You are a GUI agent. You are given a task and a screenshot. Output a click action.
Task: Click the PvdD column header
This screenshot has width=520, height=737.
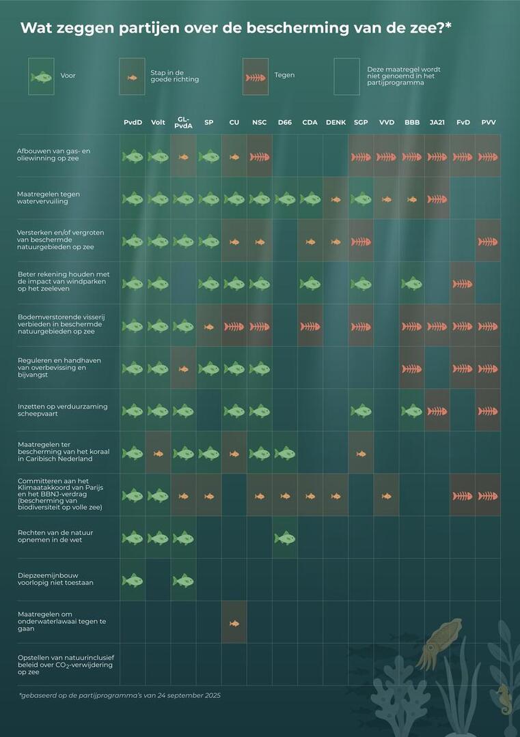(x=133, y=122)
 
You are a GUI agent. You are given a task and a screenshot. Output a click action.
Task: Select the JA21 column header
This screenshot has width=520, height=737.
(x=437, y=122)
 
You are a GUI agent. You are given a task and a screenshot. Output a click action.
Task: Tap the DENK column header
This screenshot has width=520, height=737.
(x=336, y=122)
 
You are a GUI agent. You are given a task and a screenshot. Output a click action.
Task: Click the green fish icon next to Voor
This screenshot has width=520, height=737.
(x=41, y=76)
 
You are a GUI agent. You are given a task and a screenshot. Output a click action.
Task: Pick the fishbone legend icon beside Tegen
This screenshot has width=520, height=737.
(x=256, y=76)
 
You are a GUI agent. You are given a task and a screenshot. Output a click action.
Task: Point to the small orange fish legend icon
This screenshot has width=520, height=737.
(x=132, y=76)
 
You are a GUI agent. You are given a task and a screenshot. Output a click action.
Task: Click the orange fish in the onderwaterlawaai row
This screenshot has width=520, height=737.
(x=234, y=622)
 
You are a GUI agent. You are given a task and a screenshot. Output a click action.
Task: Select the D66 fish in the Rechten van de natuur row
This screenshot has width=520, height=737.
(x=285, y=538)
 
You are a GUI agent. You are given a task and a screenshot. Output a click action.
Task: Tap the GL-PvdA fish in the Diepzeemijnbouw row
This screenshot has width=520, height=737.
(x=183, y=580)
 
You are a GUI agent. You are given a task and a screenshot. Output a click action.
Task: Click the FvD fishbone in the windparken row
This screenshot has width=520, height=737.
(x=462, y=283)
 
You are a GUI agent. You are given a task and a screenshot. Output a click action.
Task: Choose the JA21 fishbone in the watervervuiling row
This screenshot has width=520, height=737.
(x=437, y=199)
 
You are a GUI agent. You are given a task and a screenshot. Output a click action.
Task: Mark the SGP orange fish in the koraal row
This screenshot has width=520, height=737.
(x=361, y=453)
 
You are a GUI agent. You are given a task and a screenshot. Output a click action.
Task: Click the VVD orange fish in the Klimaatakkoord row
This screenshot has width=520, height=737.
(x=386, y=495)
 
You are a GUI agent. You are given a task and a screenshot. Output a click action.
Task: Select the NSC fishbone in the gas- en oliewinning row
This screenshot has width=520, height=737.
(x=260, y=156)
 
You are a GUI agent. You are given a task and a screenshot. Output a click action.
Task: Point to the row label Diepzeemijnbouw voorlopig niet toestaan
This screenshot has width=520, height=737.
(x=55, y=580)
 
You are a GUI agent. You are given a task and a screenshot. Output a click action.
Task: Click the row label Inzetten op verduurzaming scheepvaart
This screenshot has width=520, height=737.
(x=62, y=410)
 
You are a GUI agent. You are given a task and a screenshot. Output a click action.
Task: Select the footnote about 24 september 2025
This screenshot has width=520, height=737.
(x=120, y=695)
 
